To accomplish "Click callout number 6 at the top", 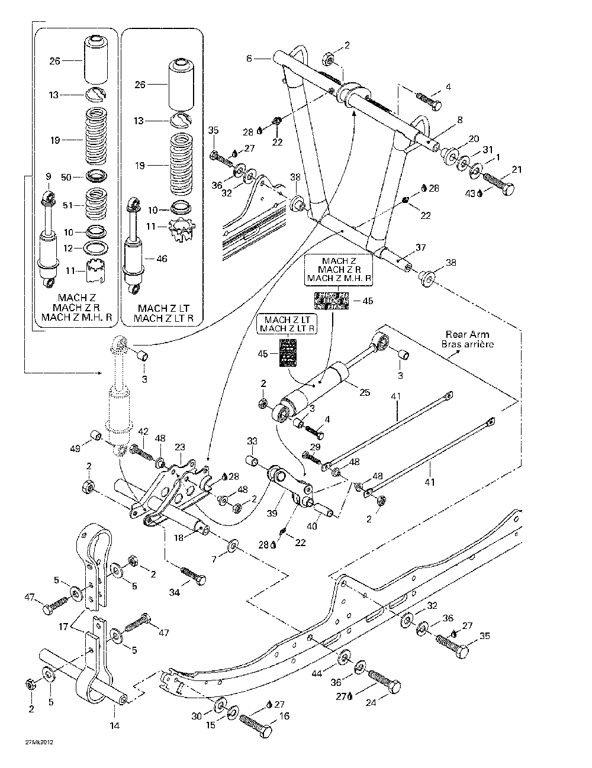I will tap(249, 58).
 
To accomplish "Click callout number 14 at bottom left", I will tap(115, 725).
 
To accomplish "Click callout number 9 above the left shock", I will tap(48, 176).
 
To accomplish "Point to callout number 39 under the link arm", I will tap(272, 514).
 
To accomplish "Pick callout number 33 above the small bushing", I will tap(252, 441).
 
